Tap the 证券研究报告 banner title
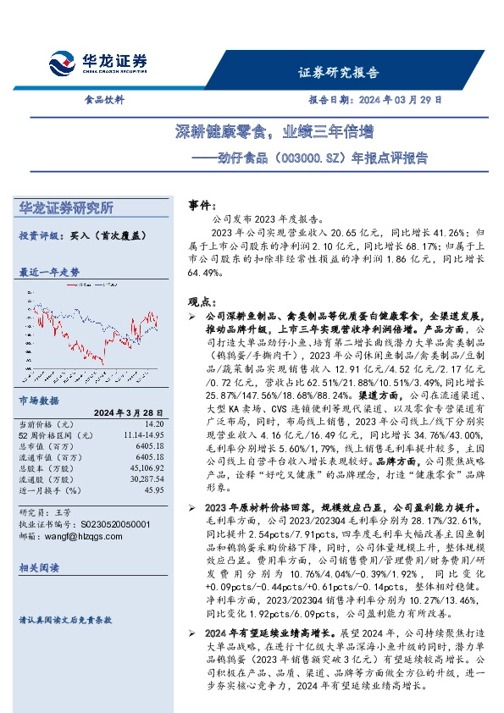pos(339,73)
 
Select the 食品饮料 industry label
pos(104,99)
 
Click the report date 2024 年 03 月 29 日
pos(400,99)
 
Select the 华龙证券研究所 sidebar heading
pos(66,207)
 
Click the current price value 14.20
pos(154,423)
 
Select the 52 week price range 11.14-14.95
pos(141,434)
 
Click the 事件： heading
pos(201,205)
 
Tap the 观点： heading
pos(201,301)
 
